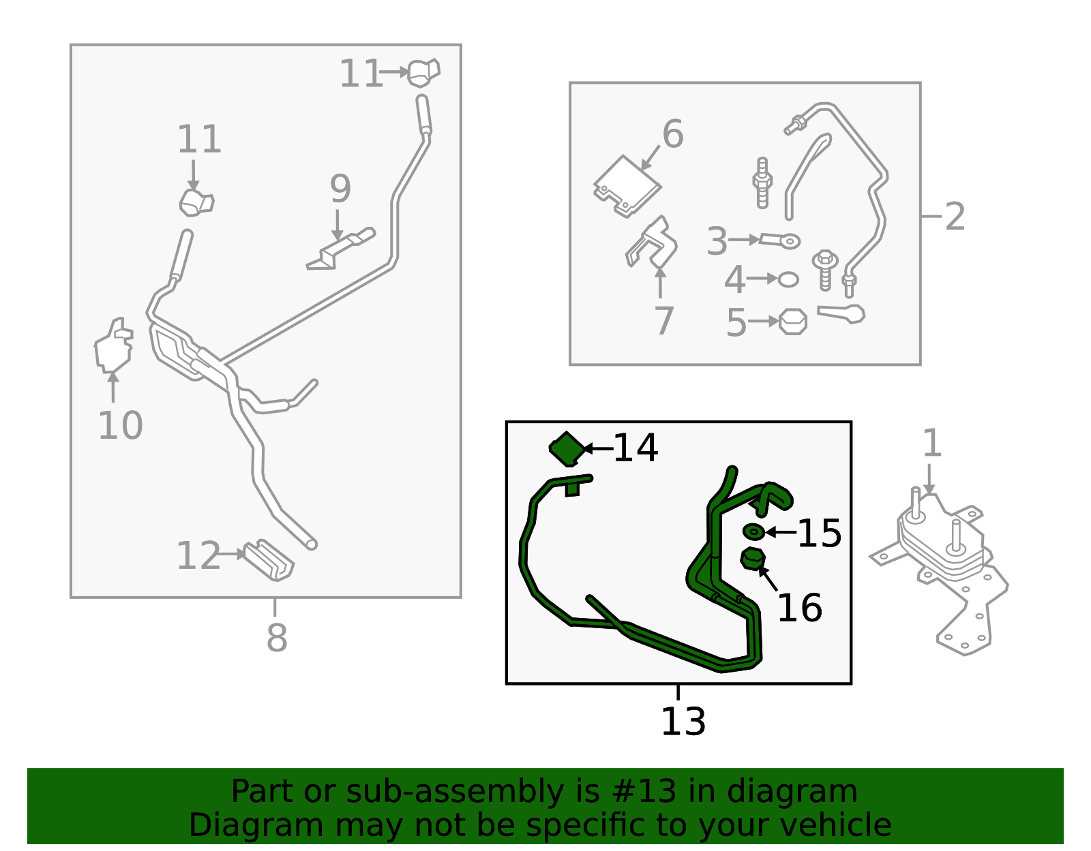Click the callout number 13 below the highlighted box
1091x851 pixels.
click(x=683, y=722)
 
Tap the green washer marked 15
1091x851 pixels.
click(x=753, y=531)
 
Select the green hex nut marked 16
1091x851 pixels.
click(x=753, y=559)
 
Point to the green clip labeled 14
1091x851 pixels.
click(x=567, y=449)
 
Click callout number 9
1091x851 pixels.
click(x=340, y=189)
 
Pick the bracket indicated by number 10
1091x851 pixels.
click(x=114, y=346)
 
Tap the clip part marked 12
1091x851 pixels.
click(x=269, y=560)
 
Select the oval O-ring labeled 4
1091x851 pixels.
click(x=788, y=279)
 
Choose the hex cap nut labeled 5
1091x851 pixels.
click(x=793, y=322)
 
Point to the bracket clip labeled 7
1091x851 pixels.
click(x=652, y=242)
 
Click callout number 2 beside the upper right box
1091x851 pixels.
click(x=955, y=217)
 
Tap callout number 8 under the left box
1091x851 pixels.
click(x=277, y=638)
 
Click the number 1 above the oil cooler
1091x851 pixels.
click(x=932, y=443)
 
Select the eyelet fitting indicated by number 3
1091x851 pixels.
click(x=779, y=241)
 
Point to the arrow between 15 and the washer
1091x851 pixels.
click(x=781, y=531)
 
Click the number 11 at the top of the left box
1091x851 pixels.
click(x=361, y=74)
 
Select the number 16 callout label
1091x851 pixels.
click(x=799, y=608)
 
